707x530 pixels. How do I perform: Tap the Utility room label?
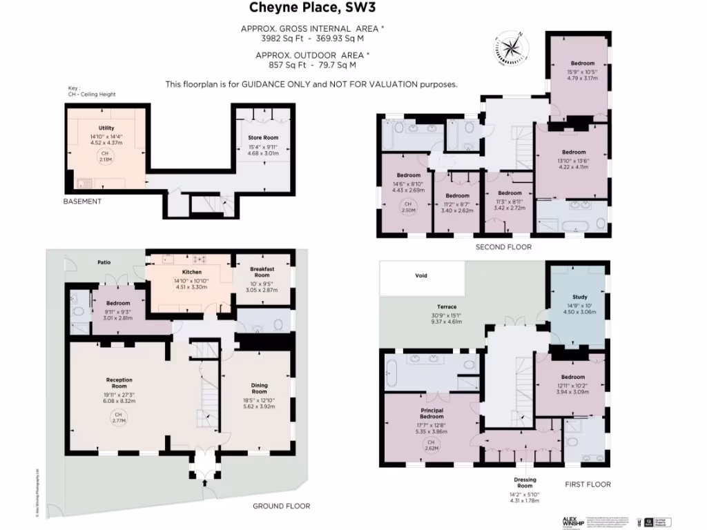[x=106, y=128]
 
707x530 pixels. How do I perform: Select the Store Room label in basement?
[x=262, y=137]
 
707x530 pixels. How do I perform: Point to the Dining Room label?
[x=260, y=385]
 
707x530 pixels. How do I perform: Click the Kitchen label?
[x=191, y=272]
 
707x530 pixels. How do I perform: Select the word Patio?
[x=104, y=262]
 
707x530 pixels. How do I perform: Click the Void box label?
[x=421, y=275]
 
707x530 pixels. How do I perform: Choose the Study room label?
[x=579, y=298]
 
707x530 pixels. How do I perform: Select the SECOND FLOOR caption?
[x=503, y=246]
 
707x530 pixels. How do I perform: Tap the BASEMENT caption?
[x=82, y=202]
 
